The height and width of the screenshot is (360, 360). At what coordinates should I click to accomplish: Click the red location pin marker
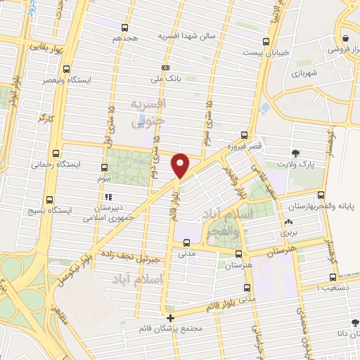pyautogui.click(x=181, y=165)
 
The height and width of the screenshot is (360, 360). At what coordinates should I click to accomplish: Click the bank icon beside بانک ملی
pyautogui.click(x=165, y=67)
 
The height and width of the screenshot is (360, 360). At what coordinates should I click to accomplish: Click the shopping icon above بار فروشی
pyautogui.click(x=345, y=39)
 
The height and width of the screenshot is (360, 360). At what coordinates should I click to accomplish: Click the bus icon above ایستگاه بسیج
pyautogui.click(x=48, y=200)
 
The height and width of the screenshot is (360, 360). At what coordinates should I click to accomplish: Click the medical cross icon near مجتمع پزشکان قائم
pyautogui.click(x=170, y=318)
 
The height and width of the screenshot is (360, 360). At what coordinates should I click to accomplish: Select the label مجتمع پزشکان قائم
pyautogui.click(x=172, y=328)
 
